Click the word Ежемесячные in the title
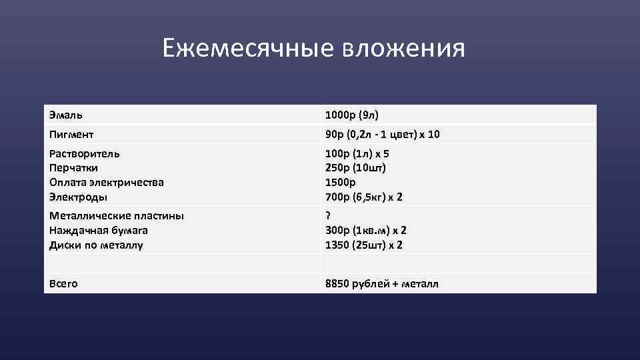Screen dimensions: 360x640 click(x=249, y=48)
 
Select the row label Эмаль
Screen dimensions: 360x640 click(x=66, y=115)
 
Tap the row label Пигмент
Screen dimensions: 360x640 click(x=71, y=135)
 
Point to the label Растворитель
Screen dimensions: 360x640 click(x=85, y=153)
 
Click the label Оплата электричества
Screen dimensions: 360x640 click(x=107, y=182)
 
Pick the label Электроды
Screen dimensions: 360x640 click(x=78, y=197)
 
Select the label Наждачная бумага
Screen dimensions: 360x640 click(x=99, y=230)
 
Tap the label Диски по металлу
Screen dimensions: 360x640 click(x=96, y=245)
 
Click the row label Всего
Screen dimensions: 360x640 click(x=63, y=283)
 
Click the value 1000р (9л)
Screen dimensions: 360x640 click(x=352, y=115)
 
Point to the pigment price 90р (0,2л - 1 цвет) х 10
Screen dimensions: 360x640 click(x=383, y=135)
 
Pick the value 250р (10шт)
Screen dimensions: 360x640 click(x=356, y=168)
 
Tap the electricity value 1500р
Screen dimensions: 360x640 click(x=341, y=182)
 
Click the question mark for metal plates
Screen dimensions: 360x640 click(x=328, y=215)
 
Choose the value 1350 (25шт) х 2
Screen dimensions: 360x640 click(x=364, y=245)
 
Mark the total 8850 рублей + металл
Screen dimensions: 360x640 click(x=382, y=283)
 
